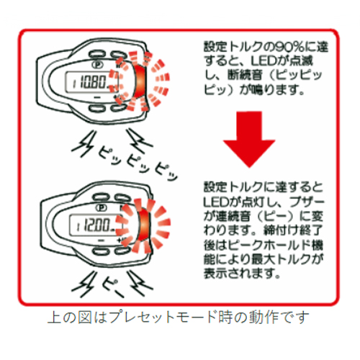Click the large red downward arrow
249,139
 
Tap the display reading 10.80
91,82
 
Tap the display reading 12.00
95,225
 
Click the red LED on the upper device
140,81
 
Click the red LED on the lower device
143,225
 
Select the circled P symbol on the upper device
98,65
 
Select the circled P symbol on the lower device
102,207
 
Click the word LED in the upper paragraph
264,61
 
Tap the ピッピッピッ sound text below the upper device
138,163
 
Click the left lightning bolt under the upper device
83,144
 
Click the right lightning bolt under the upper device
139,141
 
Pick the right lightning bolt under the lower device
140,283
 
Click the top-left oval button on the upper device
96,54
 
